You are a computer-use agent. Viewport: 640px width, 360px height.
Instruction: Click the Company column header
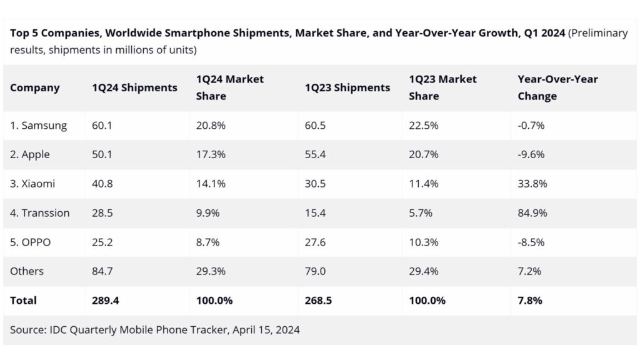tap(35, 88)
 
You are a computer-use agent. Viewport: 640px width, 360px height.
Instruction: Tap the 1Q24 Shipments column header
tap(134, 88)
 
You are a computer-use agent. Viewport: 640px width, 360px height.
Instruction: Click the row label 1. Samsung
tap(39, 126)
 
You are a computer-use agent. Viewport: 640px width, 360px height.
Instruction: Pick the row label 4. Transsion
tap(40, 213)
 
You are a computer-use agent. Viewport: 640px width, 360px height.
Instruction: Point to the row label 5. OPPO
tap(31, 242)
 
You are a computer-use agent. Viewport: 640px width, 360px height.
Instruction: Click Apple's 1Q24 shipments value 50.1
tap(102, 155)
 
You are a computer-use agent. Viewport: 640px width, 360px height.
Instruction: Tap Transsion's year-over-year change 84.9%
tap(532, 213)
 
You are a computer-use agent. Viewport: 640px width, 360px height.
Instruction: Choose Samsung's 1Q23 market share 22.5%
tap(423, 126)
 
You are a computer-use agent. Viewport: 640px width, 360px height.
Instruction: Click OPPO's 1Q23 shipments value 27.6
tap(316, 242)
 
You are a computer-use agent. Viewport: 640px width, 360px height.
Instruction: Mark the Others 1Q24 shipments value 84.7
tap(102, 271)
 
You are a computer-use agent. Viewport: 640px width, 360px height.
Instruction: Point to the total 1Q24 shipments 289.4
tap(106, 301)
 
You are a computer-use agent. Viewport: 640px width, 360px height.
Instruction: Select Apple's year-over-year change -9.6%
tap(531, 155)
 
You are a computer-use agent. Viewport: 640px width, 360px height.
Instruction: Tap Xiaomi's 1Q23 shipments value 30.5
tap(316, 184)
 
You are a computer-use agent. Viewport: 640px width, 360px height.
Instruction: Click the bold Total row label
tap(23, 301)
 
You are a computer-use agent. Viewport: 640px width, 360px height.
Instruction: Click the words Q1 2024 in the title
tap(542, 33)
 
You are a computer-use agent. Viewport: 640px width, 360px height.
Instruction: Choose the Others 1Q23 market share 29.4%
tap(423, 271)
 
